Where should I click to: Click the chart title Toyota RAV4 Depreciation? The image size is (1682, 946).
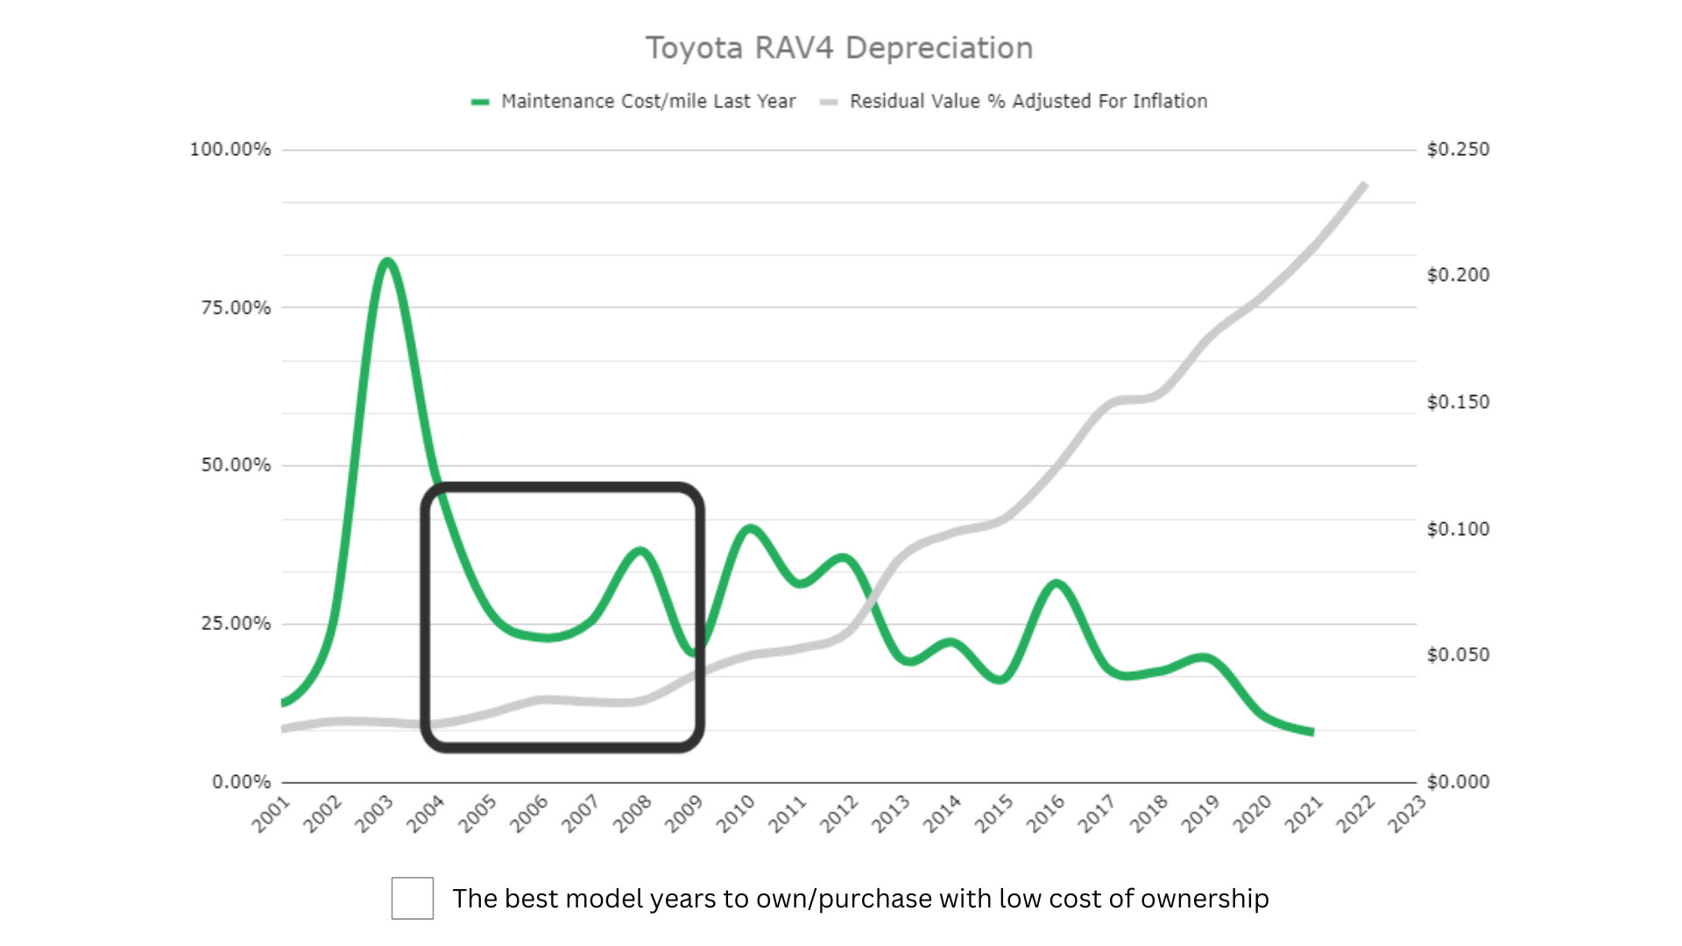point(839,48)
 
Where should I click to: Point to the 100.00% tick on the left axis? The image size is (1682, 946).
point(230,150)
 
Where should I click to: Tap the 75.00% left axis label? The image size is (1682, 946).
point(236,307)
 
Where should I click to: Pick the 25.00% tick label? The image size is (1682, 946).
point(236,624)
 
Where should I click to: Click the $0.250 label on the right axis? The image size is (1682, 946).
point(1458,150)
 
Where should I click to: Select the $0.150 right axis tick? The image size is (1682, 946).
point(1458,402)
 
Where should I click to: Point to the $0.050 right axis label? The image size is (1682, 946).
point(1458,655)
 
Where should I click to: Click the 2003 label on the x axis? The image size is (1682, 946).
point(374,814)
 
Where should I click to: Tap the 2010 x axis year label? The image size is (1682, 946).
point(736,814)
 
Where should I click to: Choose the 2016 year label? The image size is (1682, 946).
point(1046,814)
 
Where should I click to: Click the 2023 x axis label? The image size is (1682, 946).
point(1407,814)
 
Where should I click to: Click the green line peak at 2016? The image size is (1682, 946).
point(1057,583)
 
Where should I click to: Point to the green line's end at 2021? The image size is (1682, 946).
point(1311,731)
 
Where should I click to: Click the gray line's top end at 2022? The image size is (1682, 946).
point(1364,185)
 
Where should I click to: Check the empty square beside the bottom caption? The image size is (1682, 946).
point(413,898)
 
